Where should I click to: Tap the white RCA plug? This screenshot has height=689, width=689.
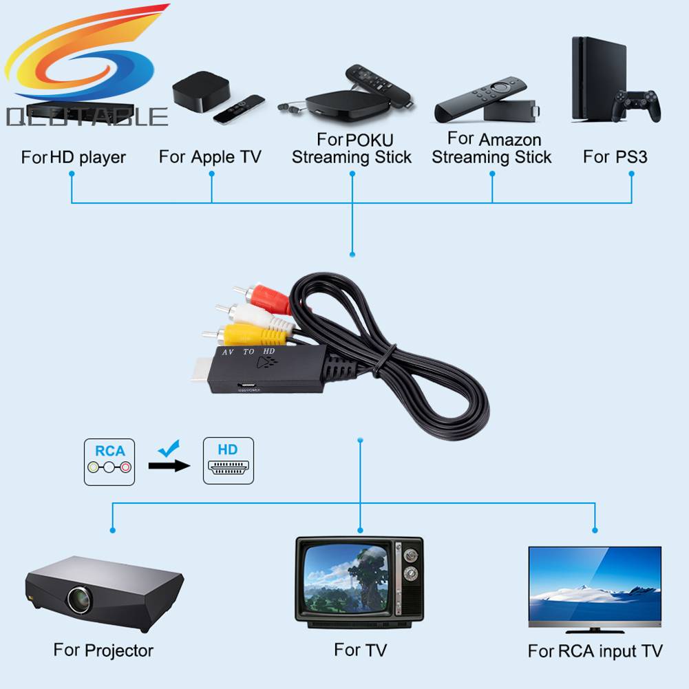(258, 316)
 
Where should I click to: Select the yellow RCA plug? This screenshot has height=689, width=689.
(248, 336)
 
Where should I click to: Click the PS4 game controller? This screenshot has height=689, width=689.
(637, 106)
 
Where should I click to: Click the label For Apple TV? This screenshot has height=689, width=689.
(210, 157)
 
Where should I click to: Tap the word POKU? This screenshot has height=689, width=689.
(370, 140)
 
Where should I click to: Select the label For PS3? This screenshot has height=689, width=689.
(615, 157)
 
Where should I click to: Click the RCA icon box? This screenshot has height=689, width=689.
(109, 461)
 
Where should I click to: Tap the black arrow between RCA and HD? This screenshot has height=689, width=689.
(169, 466)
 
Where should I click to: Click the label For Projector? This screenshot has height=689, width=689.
(103, 650)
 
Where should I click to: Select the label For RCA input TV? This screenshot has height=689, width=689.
(595, 650)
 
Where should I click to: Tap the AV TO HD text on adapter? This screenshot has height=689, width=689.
(248, 352)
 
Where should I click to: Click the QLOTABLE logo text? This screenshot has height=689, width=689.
(87, 117)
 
